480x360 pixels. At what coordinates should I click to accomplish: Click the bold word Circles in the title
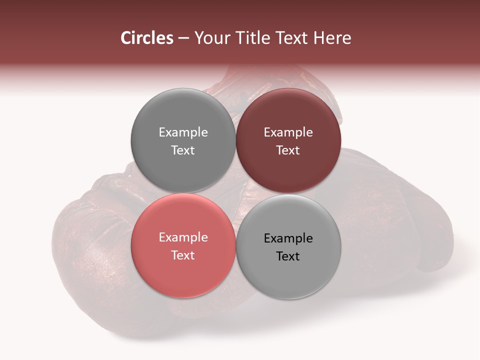coord(147,38)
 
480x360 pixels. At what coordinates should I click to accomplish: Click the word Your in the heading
coord(210,38)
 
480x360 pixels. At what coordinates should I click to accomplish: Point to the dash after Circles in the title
coord(183,38)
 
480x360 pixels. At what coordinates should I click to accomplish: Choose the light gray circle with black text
coord(288,273)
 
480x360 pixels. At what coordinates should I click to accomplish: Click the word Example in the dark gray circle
coord(183,132)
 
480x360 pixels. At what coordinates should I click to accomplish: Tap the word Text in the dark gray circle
coord(183,150)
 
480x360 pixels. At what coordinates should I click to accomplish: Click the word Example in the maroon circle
coord(288,132)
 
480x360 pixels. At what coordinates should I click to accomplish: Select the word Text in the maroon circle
coord(288,150)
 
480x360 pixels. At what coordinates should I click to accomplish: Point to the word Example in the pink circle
coord(183,237)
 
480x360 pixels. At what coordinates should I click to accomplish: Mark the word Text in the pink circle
coord(183,255)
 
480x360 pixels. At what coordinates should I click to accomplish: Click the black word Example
coord(288,238)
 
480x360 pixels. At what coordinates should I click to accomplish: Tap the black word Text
coord(288,256)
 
